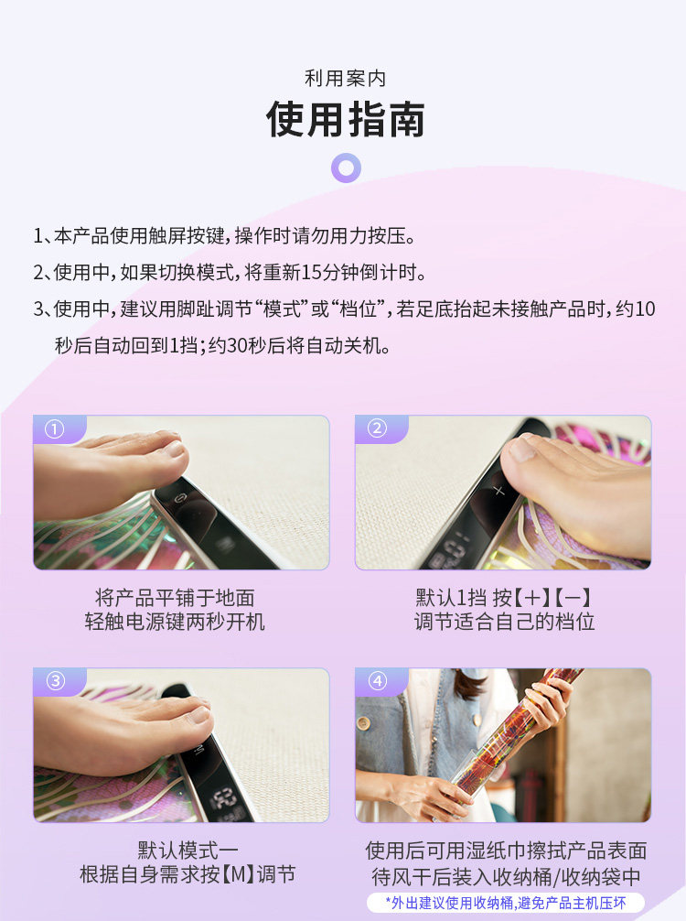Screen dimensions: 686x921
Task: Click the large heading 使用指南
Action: [345, 120]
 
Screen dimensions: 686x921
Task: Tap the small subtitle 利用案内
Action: [345, 79]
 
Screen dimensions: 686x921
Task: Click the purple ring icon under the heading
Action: [347, 168]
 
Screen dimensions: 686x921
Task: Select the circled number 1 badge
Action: [55, 429]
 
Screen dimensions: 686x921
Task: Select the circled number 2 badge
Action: [377, 428]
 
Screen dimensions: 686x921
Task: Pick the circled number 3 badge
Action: [55, 681]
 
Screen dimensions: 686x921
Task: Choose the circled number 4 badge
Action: [378, 681]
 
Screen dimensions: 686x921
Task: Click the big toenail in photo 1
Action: [175, 449]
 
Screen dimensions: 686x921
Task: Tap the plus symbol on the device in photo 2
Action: [498, 491]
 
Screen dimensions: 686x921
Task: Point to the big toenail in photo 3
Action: [200, 715]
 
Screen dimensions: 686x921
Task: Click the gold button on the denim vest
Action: [362, 722]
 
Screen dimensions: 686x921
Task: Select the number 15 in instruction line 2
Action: [311, 272]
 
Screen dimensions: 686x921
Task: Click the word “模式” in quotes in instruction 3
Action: [286, 309]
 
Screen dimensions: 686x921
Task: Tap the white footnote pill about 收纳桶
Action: [505, 903]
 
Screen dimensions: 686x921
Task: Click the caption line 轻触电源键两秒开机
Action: [175, 622]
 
